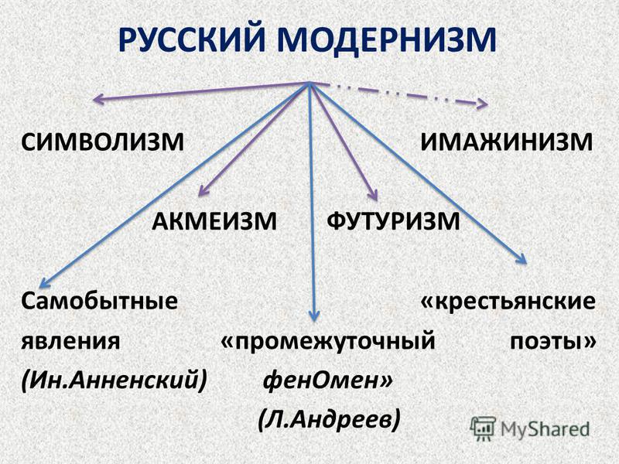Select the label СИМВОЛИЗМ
103,142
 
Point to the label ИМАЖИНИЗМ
507,142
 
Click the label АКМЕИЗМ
214,221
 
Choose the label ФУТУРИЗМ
393,221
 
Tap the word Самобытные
100,302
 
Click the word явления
70,341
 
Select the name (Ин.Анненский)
114,380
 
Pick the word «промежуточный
328,342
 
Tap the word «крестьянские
508,302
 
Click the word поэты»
553,342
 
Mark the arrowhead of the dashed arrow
483,104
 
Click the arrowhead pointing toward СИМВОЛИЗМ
98,99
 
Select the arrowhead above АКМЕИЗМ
202,191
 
